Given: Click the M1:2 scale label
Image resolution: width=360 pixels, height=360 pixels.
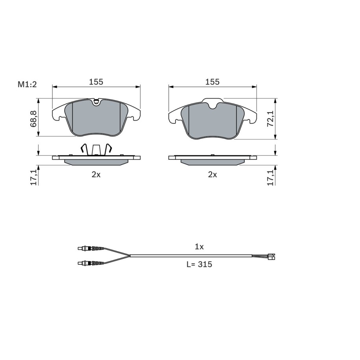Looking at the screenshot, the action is [x=27, y=85].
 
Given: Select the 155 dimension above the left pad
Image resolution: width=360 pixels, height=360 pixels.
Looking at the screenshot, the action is [x=96, y=82].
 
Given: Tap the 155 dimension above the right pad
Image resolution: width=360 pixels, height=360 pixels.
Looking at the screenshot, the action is [x=212, y=82].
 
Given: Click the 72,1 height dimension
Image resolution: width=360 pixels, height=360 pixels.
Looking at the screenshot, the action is [x=270, y=118].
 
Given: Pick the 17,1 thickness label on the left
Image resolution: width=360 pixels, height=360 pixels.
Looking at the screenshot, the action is [x=33, y=177].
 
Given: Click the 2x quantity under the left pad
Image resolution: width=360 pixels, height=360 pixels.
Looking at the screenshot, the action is [x=96, y=175].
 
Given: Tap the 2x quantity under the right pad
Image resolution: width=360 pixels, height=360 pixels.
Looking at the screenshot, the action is [x=212, y=175].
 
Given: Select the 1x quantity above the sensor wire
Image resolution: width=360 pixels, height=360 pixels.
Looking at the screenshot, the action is [x=199, y=247].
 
